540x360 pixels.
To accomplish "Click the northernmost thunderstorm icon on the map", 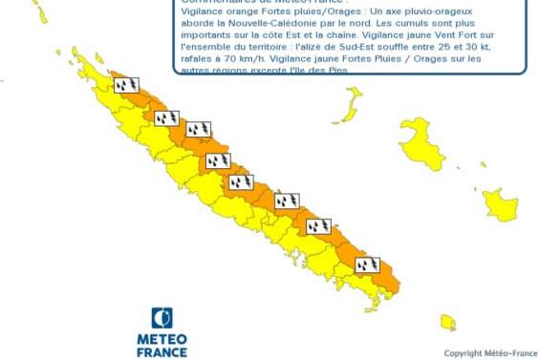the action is click(125, 85).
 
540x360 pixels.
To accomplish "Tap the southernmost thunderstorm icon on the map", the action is click(367, 265).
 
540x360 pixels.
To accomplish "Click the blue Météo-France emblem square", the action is click(162, 318).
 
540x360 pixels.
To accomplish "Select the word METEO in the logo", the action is click(162, 340).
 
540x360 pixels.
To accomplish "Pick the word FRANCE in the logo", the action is click(162, 352).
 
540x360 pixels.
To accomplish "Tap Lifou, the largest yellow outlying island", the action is click(421, 147).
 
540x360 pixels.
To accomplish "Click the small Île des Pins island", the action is click(447, 322).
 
